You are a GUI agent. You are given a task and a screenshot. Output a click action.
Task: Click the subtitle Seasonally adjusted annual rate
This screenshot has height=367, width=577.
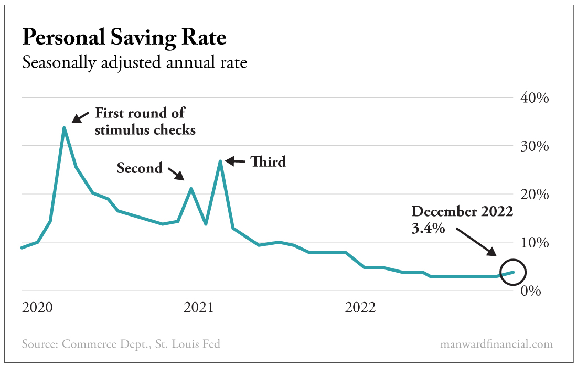click(134, 63)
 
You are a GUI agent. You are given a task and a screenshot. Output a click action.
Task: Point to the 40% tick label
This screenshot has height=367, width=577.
click(534, 98)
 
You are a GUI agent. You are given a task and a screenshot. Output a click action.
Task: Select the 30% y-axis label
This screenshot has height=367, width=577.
click(534, 146)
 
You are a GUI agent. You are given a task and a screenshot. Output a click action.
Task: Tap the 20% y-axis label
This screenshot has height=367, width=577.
click(534, 194)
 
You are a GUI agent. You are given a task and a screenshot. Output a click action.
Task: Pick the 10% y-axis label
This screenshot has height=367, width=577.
click(534, 243)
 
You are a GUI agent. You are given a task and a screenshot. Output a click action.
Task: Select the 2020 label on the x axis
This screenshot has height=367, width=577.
click(37, 307)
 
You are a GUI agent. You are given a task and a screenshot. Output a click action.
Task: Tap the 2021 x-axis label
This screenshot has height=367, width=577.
click(199, 307)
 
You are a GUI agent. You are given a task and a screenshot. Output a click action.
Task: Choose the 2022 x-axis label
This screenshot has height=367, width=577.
click(360, 307)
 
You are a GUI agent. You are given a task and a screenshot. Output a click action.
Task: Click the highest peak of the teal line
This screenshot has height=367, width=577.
click(64, 127)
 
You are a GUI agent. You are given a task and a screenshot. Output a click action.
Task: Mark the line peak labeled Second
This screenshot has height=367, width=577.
click(191, 188)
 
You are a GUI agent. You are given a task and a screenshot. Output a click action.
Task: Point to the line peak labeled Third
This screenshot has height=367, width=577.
click(221, 161)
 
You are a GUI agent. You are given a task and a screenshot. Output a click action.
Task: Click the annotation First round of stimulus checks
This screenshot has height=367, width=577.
click(145, 121)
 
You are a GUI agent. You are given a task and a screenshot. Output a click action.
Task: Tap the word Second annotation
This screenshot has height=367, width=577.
click(140, 168)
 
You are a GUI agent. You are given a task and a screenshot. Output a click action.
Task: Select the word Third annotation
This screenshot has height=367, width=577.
click(268, 161)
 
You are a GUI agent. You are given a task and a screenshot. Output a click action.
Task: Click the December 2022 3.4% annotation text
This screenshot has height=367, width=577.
click(462, 219)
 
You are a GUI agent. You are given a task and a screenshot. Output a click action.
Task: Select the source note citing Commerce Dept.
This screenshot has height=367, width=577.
click(121, 344)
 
